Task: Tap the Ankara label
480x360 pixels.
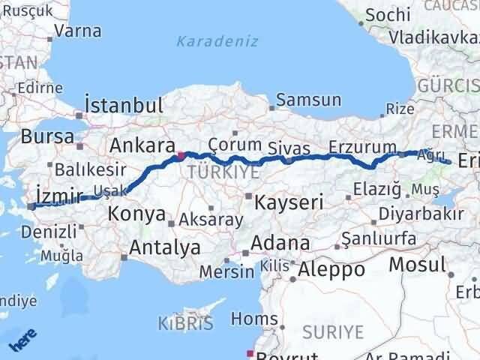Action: tap(142, 145)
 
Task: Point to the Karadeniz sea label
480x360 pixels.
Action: tap(217, 41)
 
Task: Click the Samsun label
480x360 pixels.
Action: tap(308, 100)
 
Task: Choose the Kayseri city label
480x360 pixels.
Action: tap(289, 202)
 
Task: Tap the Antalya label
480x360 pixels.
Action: tap(165, 247)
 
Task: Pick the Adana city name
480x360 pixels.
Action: tap(280, 244)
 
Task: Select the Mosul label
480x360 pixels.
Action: tap(417, 265)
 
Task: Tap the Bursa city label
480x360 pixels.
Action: tap(47, 137)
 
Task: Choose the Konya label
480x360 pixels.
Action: tap(136, 214)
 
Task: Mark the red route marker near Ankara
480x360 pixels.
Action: tap(181, 156)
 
